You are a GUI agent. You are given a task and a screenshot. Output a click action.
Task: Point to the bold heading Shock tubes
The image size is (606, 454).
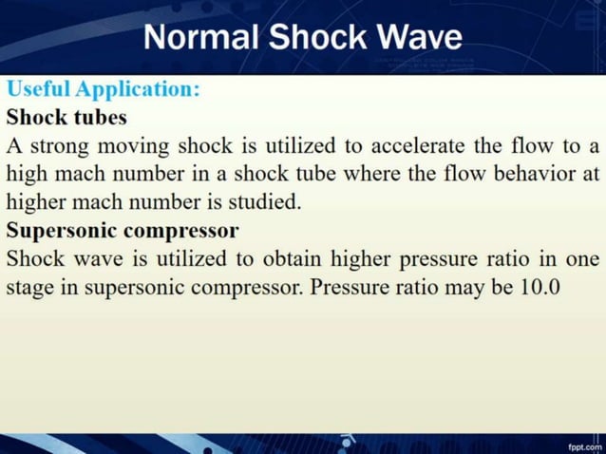click(66, 119)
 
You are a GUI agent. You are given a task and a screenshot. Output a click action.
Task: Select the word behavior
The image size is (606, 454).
click(534, 175)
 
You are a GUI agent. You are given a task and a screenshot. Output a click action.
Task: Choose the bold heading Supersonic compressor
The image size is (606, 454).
click(123, 231)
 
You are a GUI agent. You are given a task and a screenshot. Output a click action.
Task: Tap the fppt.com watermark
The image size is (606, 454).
click(584, 445)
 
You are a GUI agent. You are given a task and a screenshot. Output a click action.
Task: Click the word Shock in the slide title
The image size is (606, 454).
click(317, 37)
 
